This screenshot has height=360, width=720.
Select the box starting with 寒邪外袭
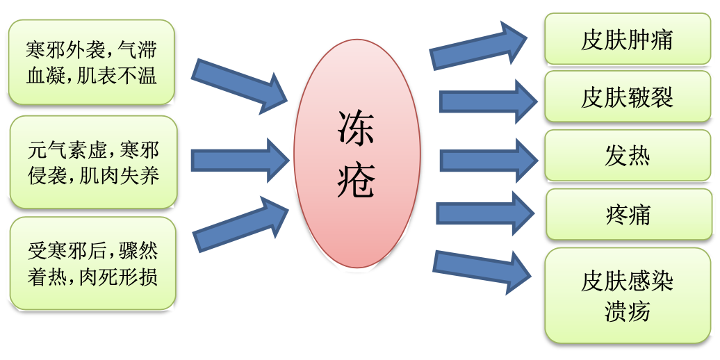coord(91,62)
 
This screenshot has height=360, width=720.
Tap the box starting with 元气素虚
coord(94,162)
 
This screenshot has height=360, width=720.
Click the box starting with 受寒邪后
coord(92,263)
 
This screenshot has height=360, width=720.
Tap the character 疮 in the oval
coord(357,182)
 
